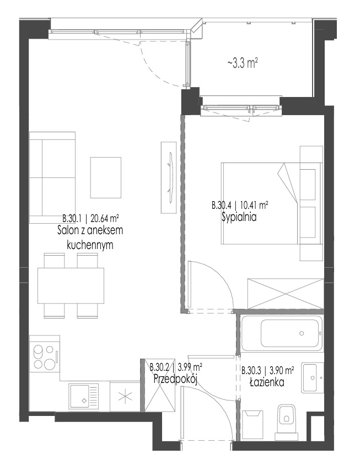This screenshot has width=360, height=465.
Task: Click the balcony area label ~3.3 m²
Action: pyautogui.click(x=243, y=63)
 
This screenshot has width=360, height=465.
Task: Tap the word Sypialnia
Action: pyautogui.click(x=239, y=218)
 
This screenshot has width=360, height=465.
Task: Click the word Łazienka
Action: pyautogui.click(x=267, y=382)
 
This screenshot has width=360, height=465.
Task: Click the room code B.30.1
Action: pyautogui.click(x=72, y=219)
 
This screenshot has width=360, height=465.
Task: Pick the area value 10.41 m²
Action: pyautogui.click(x=254, y=205)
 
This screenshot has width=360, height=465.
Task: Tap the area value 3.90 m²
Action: pyautogui.click(x=282, y=370)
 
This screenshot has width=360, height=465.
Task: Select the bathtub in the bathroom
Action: pyautogui.click(x=281, y=334)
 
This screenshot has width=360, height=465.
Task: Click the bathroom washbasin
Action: pyautogui.click(x=313, y=377)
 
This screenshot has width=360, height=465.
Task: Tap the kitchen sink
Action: pyautogui.click(x=84, y=397)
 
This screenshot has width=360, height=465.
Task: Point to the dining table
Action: pyautogui.click(x=71, y=285)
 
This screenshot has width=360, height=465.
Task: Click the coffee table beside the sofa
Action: pyautogui.click(x=106, y=177)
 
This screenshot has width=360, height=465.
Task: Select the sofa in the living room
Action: pyautogui.click(x=52, y=177)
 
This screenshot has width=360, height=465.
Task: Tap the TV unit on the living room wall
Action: pyautogui.click(x=169, y=177)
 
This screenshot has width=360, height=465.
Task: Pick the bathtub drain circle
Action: pyautogui.click(x=302, y=333)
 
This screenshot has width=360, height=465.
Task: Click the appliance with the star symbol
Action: pyautogui.click(x=125, y=396)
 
